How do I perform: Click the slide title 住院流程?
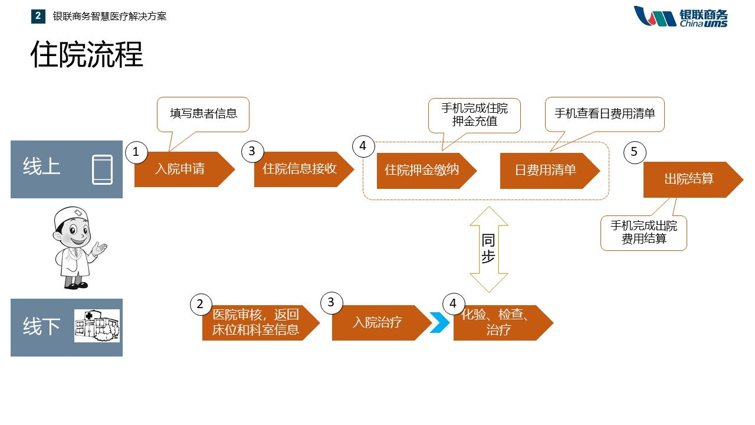click(x=87, y=55)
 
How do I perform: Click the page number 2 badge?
click(x=38, y=17)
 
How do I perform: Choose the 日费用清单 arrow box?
click(x=546, y=171)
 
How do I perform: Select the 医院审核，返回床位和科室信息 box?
click(x=257, y=323)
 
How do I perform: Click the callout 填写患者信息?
click(x=203, y=113)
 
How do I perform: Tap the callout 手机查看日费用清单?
click(x=605, y=113)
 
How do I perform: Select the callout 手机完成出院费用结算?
click(x=644, y=233)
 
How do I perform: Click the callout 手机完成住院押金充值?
click(x=474, y=115)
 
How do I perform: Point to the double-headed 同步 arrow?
click(x=488, y=249)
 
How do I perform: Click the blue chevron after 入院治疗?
click(x=440, y=323)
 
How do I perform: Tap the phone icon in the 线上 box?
click(x=102, y=169)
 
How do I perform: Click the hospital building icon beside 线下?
click(x=97, y=326)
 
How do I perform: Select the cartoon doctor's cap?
click(x=69, y=217)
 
